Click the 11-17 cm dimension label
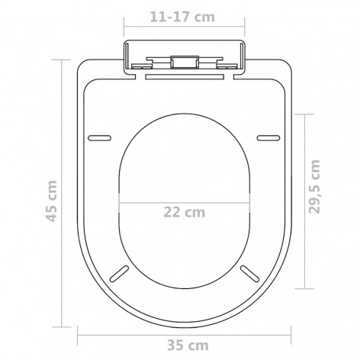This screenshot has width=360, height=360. [x=182, y=17]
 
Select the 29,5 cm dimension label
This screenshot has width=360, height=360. [x=314, y=187]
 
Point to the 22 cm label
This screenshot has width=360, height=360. [x=184, y=212]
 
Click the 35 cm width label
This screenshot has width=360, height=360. [x=188, y=346]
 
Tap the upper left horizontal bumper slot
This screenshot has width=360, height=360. [x=99, y=138]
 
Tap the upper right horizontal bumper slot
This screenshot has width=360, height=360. [x=268, y=138]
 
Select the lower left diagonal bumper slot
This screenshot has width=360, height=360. [x=119, y=274]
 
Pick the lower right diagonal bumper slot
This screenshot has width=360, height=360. [x=249, y=274]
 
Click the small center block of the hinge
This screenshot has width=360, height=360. [x=185, y=62]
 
